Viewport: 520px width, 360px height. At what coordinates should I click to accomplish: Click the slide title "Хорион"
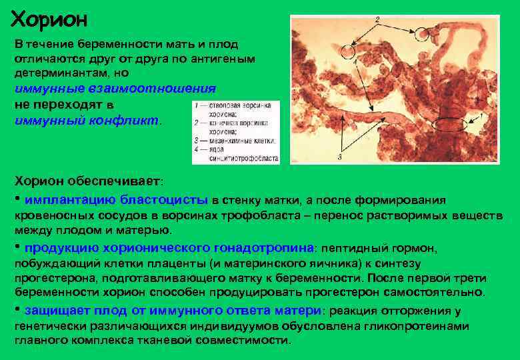point(49,18)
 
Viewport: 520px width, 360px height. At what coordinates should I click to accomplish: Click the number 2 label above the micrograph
point(378,19)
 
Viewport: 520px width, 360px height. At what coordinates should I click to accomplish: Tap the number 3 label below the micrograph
point(340,157)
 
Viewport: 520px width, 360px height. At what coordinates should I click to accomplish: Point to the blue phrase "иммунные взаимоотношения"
point(115,89)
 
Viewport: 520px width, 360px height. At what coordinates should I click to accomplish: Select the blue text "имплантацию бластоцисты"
point(117,200)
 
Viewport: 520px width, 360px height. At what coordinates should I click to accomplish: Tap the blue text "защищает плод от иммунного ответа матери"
point(172,310)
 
